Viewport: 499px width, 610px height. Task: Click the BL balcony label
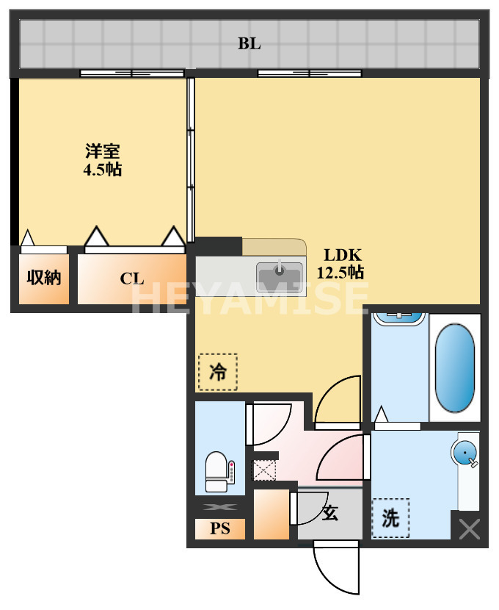click(249, 43)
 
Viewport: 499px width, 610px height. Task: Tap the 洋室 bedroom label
click(103, 152)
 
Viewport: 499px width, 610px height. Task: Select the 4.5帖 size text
click(103, 170)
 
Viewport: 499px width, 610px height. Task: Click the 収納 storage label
click(44, 278)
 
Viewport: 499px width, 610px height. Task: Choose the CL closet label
click(132, 279)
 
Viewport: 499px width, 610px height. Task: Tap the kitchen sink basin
click(279, 276)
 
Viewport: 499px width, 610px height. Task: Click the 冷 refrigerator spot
click(218, 373)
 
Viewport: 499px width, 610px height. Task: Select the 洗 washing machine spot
click(390, 518)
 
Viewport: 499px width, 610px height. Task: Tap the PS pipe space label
click(220, 528)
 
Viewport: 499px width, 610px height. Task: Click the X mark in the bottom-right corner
click(469, 529)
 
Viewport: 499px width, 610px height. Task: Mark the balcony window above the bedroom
click(132, 73)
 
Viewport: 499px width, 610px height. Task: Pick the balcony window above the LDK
click(309, 73)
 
